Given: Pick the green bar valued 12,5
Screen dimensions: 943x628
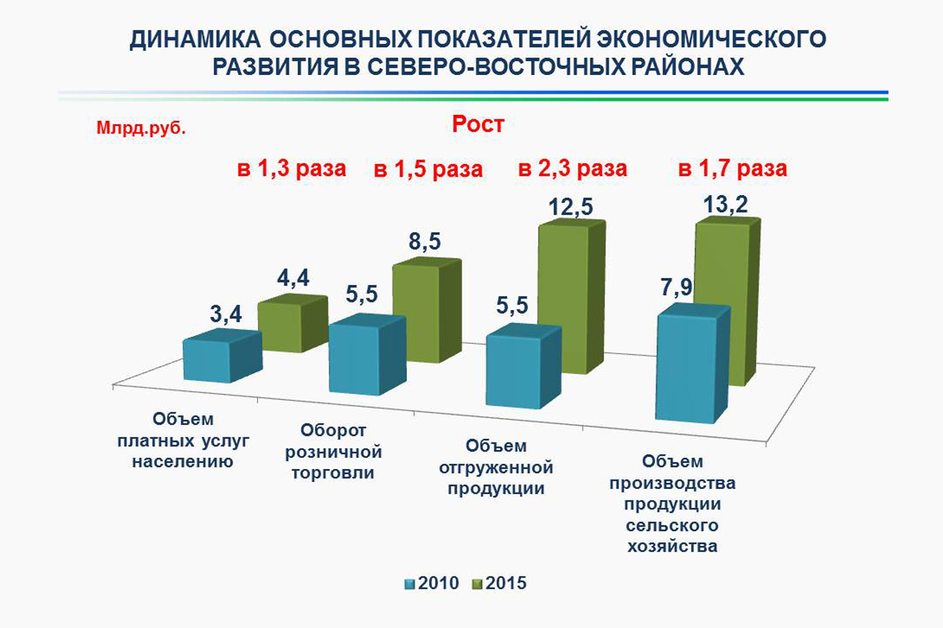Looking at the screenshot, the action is coord(572,297).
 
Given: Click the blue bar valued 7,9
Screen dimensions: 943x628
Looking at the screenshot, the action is coord(692,364).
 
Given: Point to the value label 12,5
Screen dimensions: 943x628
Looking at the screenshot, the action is coord(570,207).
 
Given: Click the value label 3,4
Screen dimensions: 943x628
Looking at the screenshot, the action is coord(225,314).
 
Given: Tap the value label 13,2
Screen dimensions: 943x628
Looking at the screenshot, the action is coord(726,205).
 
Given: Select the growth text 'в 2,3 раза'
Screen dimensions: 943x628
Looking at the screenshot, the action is coord(572,169).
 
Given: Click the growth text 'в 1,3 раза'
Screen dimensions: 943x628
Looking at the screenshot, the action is coord(291,169).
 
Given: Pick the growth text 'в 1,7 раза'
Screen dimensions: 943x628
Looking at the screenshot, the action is coord(732,169).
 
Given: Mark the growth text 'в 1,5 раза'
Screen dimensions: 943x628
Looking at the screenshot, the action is coord(428,169).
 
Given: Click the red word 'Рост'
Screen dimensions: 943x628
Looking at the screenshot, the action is coord(478,124).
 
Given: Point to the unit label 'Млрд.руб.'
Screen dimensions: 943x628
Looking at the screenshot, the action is coord(141,128).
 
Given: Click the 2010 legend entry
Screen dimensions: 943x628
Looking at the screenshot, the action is coord(432,583).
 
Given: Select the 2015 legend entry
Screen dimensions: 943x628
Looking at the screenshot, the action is coord(499,583).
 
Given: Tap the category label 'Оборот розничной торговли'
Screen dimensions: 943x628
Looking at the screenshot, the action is coord(334,451).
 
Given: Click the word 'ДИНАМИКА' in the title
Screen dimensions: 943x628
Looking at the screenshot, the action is coord(195,39).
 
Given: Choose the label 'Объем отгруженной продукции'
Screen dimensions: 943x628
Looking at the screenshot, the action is coord(496,467).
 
